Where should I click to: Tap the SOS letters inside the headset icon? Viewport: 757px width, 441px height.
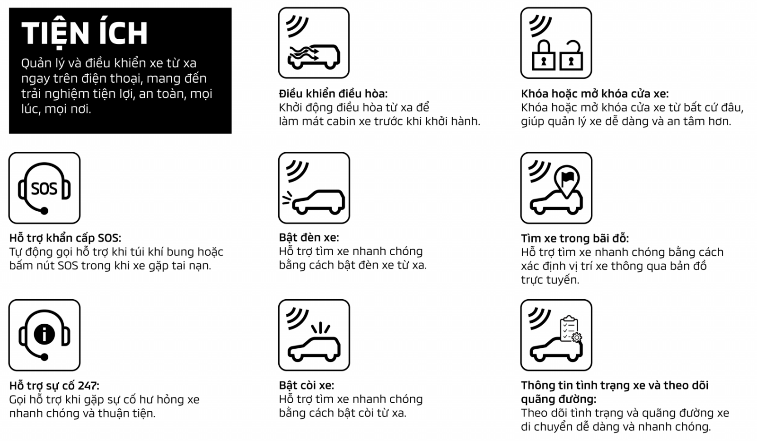[44, 189]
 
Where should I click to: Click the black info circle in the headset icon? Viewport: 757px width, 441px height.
[44, 334]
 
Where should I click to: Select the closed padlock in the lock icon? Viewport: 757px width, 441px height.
[544, 55]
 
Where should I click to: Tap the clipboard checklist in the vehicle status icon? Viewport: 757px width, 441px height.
[569, 329]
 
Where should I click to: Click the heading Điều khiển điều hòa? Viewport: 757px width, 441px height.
[333, 94]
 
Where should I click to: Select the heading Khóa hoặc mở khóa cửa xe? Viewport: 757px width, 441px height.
[595, 94]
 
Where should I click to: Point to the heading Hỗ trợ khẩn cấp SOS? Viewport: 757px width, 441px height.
[65, 238]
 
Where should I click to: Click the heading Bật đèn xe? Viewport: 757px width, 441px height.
[309, 238]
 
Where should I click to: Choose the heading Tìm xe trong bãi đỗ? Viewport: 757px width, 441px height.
[575, 238]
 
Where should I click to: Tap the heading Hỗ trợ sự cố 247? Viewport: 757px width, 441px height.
[54, 386]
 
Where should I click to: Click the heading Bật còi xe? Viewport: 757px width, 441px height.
[307, 385]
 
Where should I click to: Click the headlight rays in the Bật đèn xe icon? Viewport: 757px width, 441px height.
[287, 198]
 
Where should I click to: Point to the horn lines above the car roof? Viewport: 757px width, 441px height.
[320, 328]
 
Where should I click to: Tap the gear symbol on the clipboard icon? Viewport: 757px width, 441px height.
[577, 337]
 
